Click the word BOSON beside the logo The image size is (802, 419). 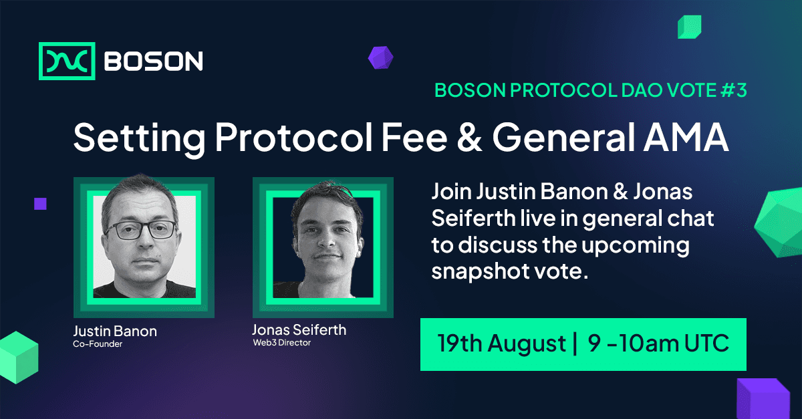click(x=154, y=61)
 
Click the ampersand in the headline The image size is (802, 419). click(x=464, y=138)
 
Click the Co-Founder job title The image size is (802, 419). click(x=98, y=345)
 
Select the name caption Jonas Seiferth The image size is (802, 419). click(x=299, y=330)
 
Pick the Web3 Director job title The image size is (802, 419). click(x=281, y=343)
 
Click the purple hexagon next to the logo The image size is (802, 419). click(x=380, y=57)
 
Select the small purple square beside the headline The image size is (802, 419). click(x=40, y=204)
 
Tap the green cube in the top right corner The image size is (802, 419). click(x=688, y=27)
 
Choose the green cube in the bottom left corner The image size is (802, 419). click(x=18, y=356)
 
